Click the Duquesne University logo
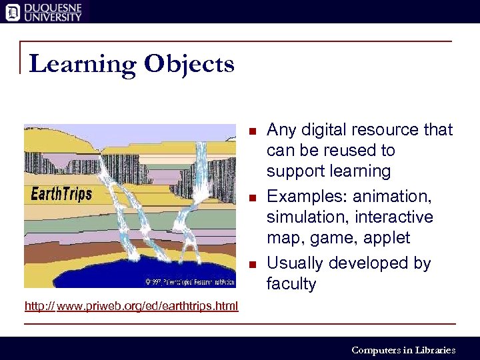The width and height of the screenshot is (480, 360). tap(44, 11)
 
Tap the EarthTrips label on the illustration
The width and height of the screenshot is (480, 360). tap(61, 195)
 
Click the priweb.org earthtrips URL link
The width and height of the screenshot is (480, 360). tap(131, 306)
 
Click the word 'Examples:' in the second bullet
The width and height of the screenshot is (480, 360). tap(307, 197)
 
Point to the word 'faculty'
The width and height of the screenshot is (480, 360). tap(291, 284)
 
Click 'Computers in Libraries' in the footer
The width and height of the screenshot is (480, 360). tap(403, 349)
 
